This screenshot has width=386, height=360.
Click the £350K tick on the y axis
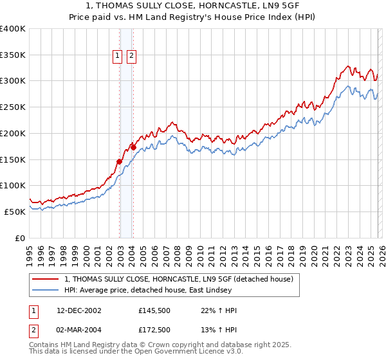pos(13,55)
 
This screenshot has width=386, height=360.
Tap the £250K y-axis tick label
pos(13,107)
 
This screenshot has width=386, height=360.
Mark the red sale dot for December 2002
pos(120,161)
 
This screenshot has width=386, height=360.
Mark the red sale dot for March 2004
pos(133,147)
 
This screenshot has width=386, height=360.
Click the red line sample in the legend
pos(46,279)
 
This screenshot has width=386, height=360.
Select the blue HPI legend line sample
pos(46,291)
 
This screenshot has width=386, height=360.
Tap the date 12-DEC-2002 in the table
pos(79,310)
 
